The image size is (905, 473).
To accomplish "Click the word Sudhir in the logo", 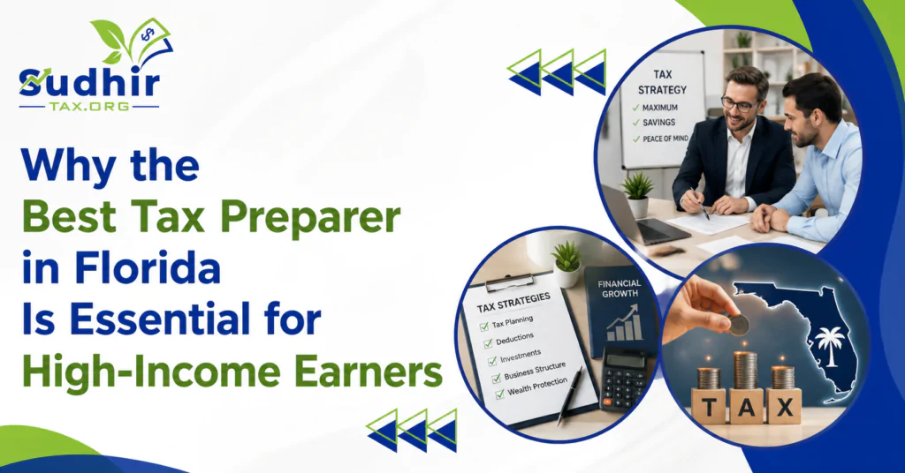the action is [x=89, y=83].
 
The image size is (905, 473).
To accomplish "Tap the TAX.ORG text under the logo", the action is [x=89, y=107].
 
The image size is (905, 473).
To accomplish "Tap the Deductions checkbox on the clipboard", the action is [x=488, y=343].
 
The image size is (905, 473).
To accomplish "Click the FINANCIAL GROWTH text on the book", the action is [x=620, y=288].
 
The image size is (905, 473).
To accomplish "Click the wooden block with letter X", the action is [x=785, y=406].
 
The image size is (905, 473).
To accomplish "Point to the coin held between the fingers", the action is [x=739, y=324].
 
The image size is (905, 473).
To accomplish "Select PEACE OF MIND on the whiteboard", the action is [x=665, y=139].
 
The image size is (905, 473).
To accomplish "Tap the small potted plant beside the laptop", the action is [x=638, y=193].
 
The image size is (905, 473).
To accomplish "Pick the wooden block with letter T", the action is [x=710, y=407].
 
